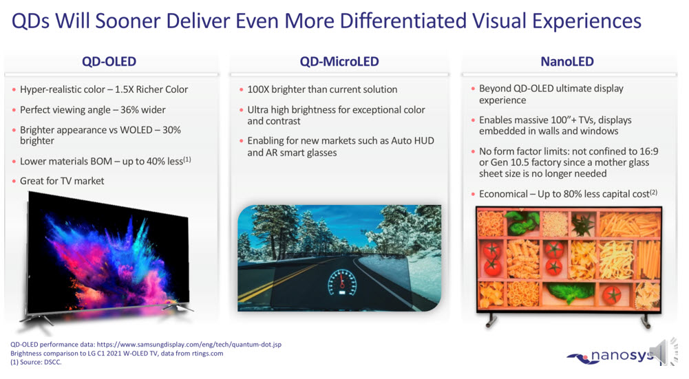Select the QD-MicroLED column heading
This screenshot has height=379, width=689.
[339, 62]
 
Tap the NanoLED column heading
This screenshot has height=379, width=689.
[567, 62]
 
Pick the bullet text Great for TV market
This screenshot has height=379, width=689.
[62, 181]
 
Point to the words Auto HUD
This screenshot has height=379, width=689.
[414, 141]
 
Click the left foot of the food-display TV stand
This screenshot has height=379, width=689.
[490, 321]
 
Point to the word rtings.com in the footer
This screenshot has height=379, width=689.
[204, 354]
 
